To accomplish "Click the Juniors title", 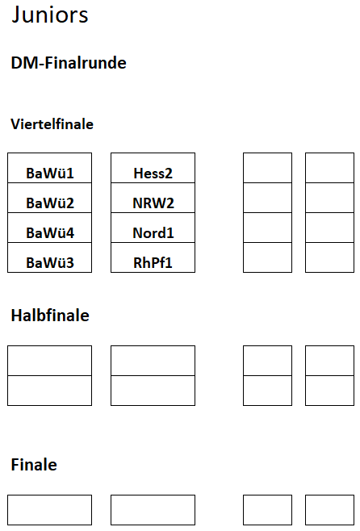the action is (50, 15).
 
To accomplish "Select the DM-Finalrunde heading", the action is (69, 63).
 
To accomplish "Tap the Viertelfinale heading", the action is (52, 124).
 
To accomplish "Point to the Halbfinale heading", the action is (50, 316).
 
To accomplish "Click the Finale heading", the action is (34, 465).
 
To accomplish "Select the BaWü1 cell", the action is (50, 168).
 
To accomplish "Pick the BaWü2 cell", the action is (50, 198).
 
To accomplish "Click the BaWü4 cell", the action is (50, 228).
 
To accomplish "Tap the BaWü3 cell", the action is (50, 257).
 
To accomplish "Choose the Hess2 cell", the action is (153, 168).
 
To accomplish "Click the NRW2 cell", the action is (153, 198).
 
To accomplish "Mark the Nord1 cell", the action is (153, 228).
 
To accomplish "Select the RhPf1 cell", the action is (153, 257).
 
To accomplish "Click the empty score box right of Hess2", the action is (267, 168).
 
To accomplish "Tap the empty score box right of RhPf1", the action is (267, 257).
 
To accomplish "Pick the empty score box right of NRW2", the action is (267, 198).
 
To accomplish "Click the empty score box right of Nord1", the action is (267, 228).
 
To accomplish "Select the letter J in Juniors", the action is (15, 15).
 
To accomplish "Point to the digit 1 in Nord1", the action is (170, 233).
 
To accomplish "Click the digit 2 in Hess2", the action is (169, 174).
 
